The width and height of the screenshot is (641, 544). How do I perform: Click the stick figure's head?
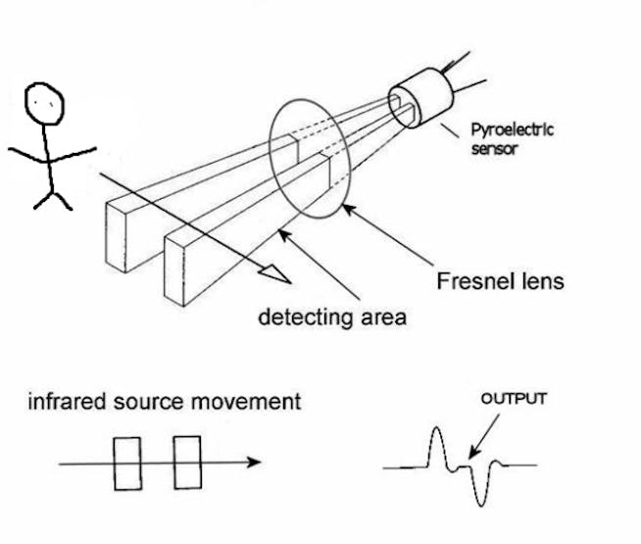click(44, 101)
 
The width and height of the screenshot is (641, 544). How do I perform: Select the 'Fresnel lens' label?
click(500, 281)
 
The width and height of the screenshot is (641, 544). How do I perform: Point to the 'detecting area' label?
click(331, 317)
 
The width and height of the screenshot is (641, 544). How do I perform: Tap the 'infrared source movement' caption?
click(164, 402)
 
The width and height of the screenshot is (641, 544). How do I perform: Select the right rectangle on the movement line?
click(187, 463)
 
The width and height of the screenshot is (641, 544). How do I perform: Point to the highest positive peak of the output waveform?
click(434, 438)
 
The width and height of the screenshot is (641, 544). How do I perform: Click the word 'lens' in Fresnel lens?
click(542, 281)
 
